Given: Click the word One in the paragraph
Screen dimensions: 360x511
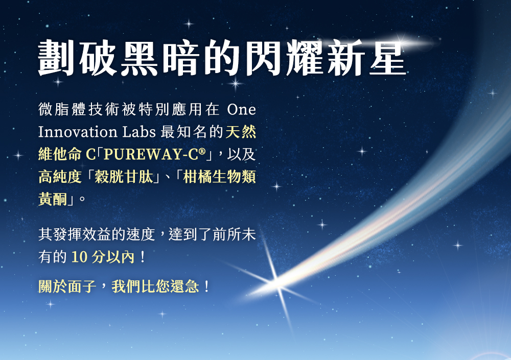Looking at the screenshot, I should click(x=240, y=110).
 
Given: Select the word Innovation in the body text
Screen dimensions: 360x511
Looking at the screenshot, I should click(x=78, y=132).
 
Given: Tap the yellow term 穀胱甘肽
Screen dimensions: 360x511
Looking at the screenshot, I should click(x=125, y=177).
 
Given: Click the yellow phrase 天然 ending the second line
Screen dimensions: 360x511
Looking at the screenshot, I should click(x=241, y=132).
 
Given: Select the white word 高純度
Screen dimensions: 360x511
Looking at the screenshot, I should click(x=60, y=177).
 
